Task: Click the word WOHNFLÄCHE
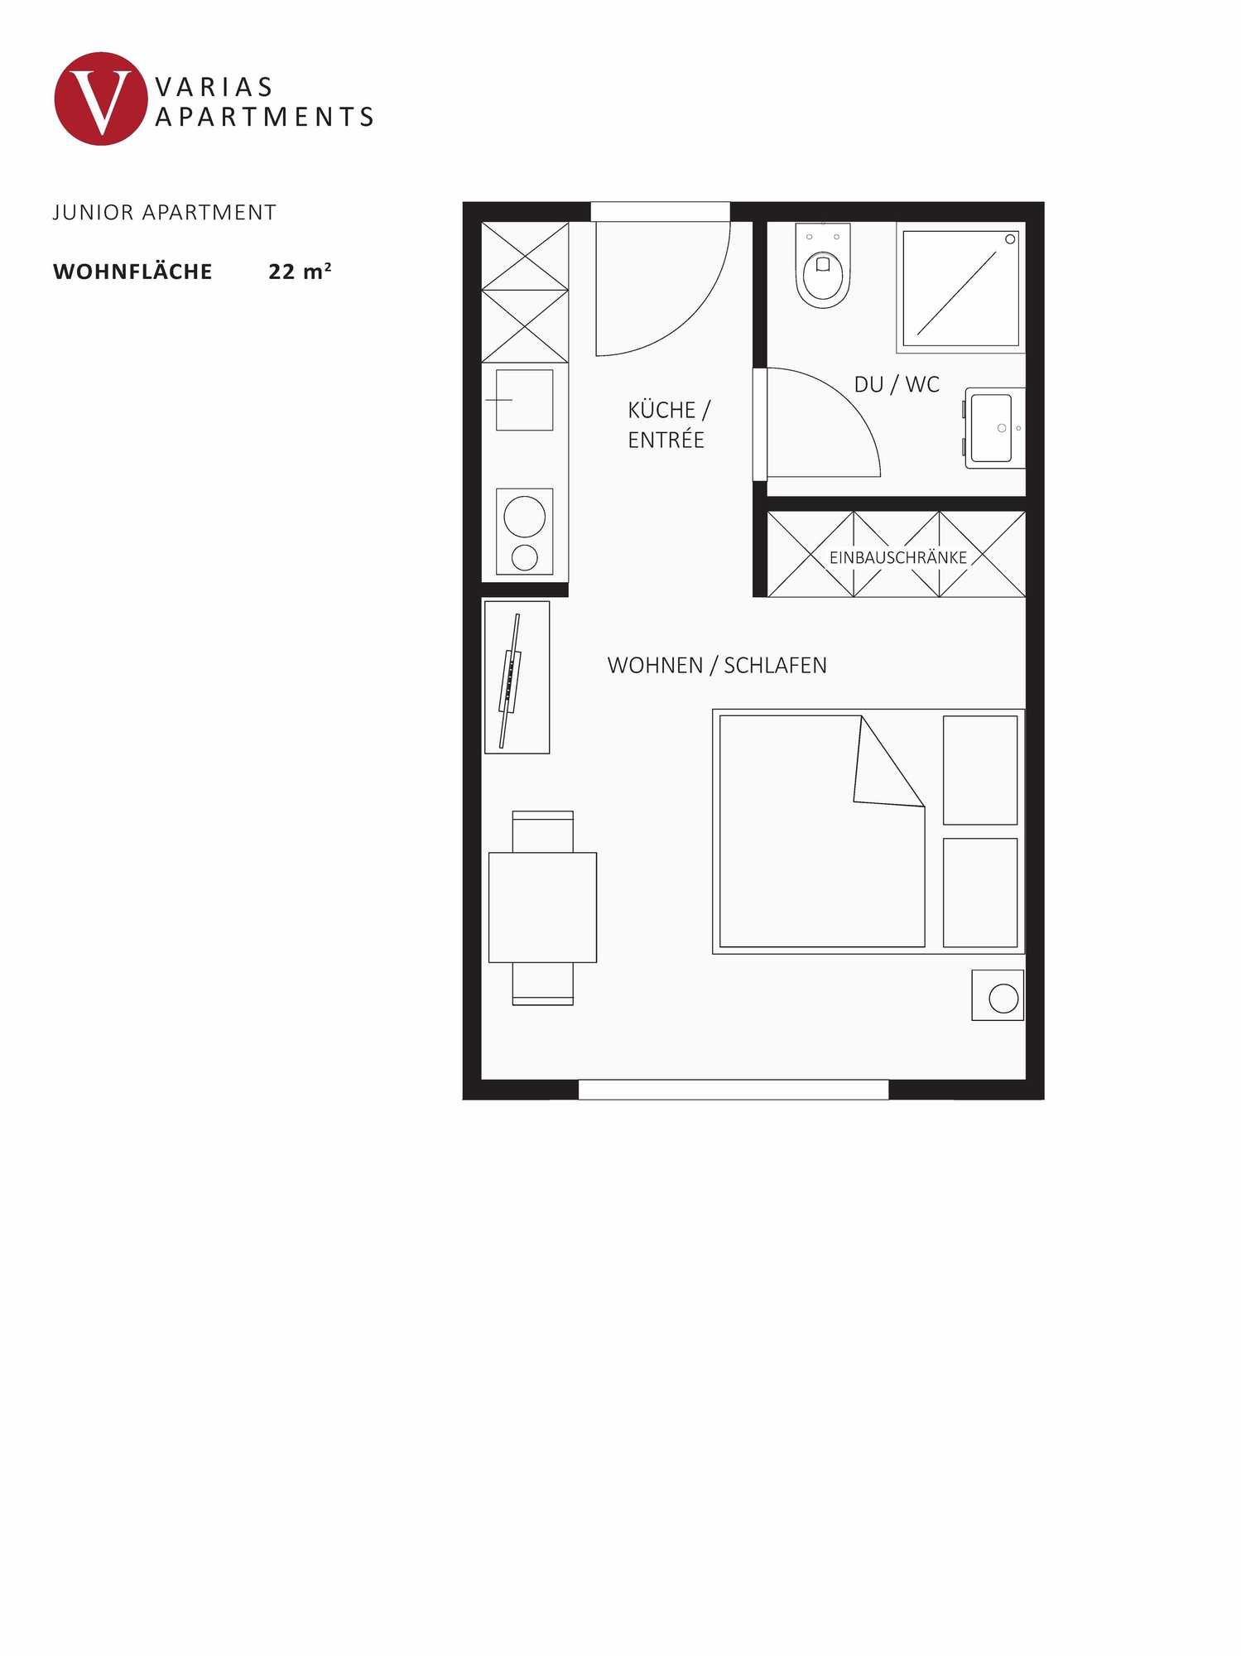click(x=132, y=272)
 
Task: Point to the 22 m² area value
click(x=300, y=272)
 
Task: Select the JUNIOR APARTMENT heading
click(x=164, y=213)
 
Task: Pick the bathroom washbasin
click(x=993, y=427)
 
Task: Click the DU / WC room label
click(x=897, y=384)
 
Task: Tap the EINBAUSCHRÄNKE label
click(x=897, y=557)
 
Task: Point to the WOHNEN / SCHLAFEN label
click(x=717, y=666)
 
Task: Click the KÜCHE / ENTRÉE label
click(x=667, y=425)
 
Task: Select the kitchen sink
click(x=524, y=400)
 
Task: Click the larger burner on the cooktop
click(x=524, y=516)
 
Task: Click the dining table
click(x=542, y=907)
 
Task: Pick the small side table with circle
click(x=998, y=995)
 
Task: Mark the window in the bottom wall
click(x=733, y=1090)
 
